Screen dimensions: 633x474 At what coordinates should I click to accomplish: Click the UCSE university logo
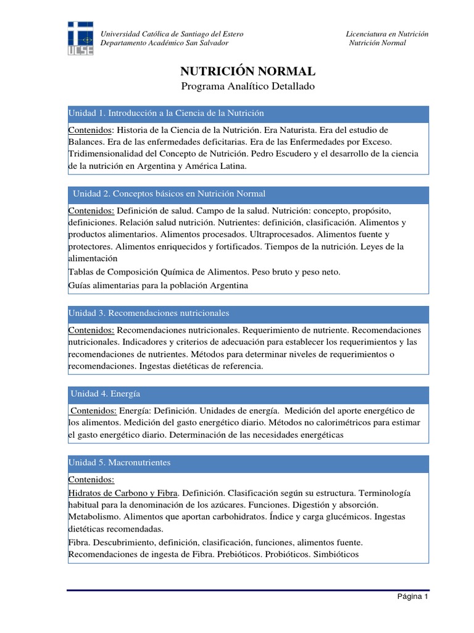(81, 38)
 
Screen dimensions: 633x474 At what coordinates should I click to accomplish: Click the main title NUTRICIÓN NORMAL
(247, 72)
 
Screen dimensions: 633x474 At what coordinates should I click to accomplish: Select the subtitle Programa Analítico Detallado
(247, 87)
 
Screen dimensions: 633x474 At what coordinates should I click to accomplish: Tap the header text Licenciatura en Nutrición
(387, 34)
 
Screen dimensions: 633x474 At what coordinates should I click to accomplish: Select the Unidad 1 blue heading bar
(247, 114)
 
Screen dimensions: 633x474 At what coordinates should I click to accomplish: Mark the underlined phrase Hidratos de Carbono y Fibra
(123, 493)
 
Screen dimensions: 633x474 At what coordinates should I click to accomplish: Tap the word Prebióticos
(239, 554)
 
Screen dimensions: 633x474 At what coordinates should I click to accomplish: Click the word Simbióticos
(336, 554)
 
